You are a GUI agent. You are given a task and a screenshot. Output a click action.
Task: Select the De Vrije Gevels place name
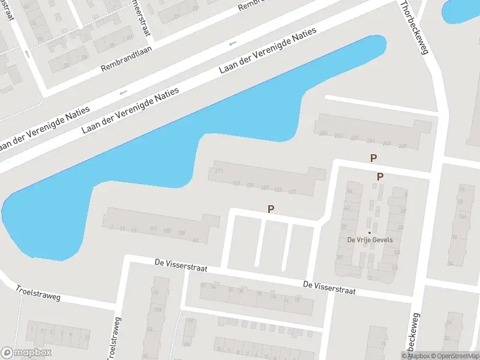370,240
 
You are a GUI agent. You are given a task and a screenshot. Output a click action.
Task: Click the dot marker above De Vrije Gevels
370,232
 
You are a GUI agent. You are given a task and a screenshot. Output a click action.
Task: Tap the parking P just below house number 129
271,209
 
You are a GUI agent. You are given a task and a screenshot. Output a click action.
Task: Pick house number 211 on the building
219,172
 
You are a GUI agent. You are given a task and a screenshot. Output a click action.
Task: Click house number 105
167,231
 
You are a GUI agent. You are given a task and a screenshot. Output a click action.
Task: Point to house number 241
370,141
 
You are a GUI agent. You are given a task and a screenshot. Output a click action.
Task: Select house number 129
265,187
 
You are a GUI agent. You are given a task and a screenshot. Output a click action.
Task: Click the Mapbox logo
26,353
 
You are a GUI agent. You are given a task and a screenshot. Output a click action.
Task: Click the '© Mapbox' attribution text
416,356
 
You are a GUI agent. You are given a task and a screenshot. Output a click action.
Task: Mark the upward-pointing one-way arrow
28,54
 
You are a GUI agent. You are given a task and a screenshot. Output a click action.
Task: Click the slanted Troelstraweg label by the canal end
38,293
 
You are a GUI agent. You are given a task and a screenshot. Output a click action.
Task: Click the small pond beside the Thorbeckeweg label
461,11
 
